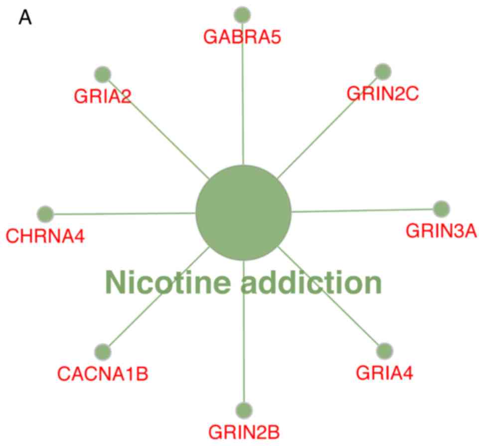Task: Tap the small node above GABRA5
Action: tap(242, 14)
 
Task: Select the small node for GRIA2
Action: tap(102, 74)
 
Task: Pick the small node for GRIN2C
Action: tap(382, 72)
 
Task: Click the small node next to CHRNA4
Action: tap(45, 214)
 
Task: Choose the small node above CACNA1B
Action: tap(103, 351)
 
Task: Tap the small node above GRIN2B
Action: tap(244, 410)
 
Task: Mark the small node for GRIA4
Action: tap(384, 351)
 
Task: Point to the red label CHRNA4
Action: tap(45, 235)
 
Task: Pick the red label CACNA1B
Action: tap(103, 373)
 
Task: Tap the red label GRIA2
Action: tap(102, 96)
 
